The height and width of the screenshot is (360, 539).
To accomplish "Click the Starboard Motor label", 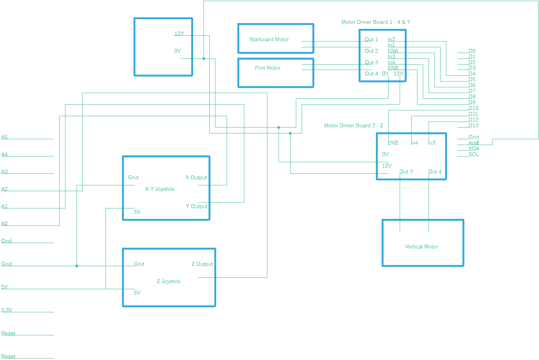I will (x=269, y=39).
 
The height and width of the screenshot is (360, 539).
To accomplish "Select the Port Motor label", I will (x=267, y=68).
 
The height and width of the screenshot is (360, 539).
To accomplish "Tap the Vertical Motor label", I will (x=421, y=247).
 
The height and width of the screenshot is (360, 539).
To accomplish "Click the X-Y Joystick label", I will (x=160, y=189).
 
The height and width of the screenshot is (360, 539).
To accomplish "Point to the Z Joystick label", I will (x=169, y=281).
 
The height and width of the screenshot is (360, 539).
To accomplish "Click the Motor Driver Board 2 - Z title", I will (x=354, y=125).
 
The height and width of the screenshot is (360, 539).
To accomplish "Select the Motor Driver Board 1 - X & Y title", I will (x=376, y=22).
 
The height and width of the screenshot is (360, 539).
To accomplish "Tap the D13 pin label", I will (x=473, y=125).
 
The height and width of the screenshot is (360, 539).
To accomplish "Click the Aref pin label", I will (x=473, y=143).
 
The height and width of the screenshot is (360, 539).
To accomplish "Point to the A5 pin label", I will (x=5, y=137).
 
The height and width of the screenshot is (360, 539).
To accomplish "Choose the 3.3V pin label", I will (x=7, y=310).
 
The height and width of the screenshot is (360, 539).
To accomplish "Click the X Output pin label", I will (x=196, y=177).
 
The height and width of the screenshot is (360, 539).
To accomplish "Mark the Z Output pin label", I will (x=202, y=264).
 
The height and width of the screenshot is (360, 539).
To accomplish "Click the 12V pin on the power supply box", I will (x=179, y=33).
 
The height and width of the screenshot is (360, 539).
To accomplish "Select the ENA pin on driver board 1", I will (x=393, y=51).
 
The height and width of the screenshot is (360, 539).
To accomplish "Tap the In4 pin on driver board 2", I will (x=415, y=143).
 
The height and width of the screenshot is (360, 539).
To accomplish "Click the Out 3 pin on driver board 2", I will (x=406, y=172).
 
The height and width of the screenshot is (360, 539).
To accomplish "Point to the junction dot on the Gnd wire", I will (x=77, y=266).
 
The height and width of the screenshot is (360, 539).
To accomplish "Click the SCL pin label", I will (x=473, y=154).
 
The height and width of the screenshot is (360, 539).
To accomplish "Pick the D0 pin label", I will (x=472, y=51).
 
